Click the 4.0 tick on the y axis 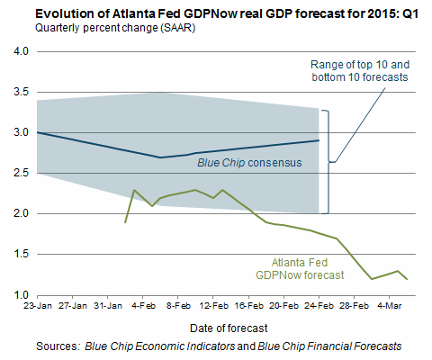coord(19,52)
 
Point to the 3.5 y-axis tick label coord(19,93)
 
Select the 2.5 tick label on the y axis coord(19,174)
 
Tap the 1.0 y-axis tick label coord(19,295)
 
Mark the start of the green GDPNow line coord(125,221)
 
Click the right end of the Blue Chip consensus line coord(319,140)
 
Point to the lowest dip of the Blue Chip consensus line coord(160,157)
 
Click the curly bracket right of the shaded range coord(328,162)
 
